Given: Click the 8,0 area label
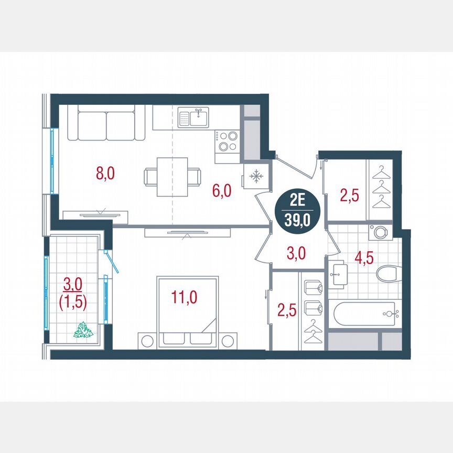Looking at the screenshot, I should tap(105, 174).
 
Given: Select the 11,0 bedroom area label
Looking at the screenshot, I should tap(184, 297).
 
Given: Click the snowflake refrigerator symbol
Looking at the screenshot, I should tap(256, 177).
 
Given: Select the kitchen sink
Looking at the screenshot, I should tap(192, 117).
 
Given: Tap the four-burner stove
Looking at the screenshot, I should tap(227, 141).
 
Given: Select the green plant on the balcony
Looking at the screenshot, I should tap(83, 330).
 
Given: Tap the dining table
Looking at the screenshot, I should tap(172, 177).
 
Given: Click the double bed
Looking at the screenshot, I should tap(187, 311).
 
